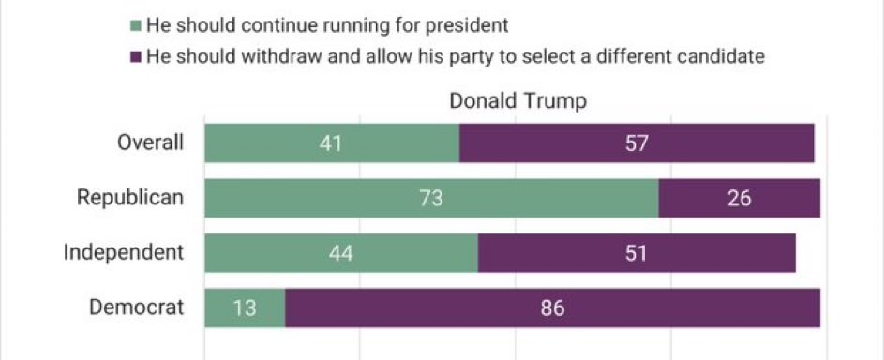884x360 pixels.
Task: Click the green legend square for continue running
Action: click(136, 25)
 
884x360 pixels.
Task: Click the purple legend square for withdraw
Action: click(136, 57)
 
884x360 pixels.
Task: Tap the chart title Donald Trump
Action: click(517, 101)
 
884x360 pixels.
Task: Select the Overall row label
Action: click(150, 143)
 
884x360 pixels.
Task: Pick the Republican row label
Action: click(130, 198)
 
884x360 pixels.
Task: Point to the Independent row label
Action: click(123, 252)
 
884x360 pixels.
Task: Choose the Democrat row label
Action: click(137, 307)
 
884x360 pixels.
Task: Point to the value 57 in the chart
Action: click(637, 143)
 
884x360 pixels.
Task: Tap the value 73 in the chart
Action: click(431, 198)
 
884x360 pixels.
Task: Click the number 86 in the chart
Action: click(552, 307)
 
